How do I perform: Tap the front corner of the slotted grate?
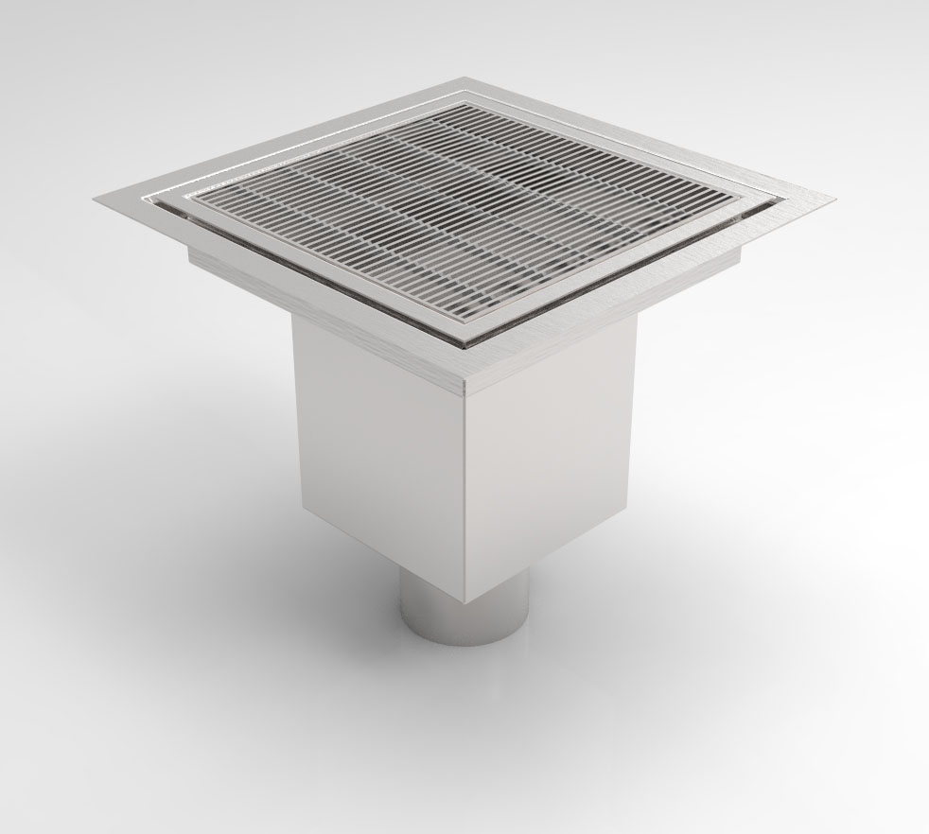pos(466,333)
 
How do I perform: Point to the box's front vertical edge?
pos(465,492)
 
